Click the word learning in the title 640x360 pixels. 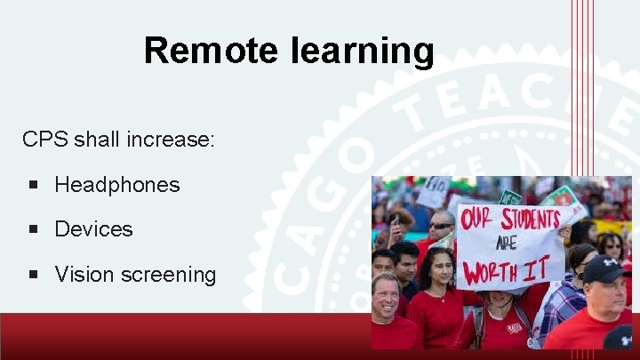[362, 51]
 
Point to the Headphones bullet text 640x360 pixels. [116, 185]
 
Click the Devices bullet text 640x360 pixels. [93, 229]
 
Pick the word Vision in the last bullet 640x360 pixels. [83, 275]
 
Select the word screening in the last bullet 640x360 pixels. [168, 275]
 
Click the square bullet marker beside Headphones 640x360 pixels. [33, 185]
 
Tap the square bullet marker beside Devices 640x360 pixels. [33, 229]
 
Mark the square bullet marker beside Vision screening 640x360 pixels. [33, 275]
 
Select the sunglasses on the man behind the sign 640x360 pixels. [442, 226]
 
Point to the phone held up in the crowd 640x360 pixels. [392, 217]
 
